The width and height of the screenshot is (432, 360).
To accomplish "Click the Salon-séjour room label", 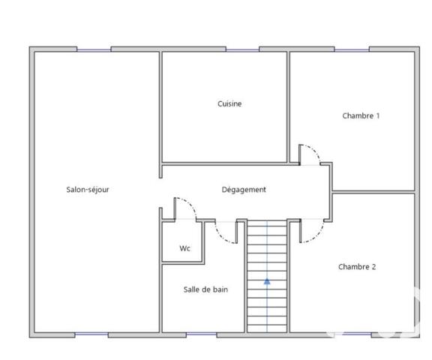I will coord(88,190).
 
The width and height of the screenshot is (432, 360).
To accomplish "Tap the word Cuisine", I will coord(229,104).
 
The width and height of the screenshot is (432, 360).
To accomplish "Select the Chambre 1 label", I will coord(361,115).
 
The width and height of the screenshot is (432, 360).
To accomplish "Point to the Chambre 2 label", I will coord(356,266).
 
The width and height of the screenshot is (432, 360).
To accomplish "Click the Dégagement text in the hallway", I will coord(244,190).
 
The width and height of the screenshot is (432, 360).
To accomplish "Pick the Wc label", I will coord(184,248).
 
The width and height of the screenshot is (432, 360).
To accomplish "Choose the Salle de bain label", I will coord(205,289).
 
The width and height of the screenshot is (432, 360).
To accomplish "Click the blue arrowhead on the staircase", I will coord(267,282).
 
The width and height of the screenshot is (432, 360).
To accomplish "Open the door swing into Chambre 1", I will coord(310,153).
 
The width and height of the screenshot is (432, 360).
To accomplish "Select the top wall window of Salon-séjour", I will coord(94,49).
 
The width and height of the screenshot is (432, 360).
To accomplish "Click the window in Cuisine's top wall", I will coord(242,49).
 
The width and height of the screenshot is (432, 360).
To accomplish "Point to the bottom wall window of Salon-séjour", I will coord(91,333).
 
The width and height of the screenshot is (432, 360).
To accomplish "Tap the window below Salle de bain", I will coord(202,333).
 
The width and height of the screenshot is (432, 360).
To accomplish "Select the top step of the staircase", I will coord(267,224).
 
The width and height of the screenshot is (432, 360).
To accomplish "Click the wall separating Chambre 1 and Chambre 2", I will coord(373,191).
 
